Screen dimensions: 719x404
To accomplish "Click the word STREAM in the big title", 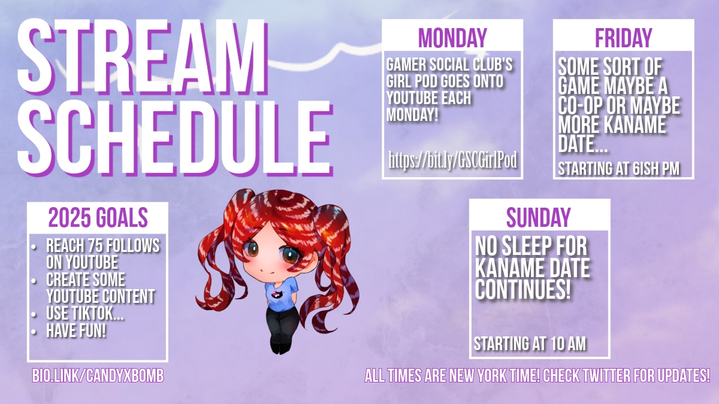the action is (143, 57).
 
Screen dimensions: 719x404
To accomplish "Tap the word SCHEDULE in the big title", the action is (175, 138).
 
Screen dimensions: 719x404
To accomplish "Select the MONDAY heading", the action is (452, 38).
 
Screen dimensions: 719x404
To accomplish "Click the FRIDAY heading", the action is (623, 38).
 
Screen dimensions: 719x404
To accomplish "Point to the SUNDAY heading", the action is (539, 217).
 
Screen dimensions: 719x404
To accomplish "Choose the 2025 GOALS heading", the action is (98, 217).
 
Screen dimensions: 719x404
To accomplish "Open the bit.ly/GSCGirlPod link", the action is (452, 160).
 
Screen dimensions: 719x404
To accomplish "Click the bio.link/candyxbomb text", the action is (98, 376).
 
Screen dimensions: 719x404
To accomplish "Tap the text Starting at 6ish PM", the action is (618, 169).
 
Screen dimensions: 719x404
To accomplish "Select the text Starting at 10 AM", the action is (530, 344).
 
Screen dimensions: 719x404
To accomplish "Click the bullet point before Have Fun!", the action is (34, 332).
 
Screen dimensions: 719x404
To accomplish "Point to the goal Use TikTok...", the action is (84, 314).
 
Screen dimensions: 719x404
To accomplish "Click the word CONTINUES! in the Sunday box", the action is (523, 289).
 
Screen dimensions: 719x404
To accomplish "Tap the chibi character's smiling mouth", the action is (267, 271).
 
